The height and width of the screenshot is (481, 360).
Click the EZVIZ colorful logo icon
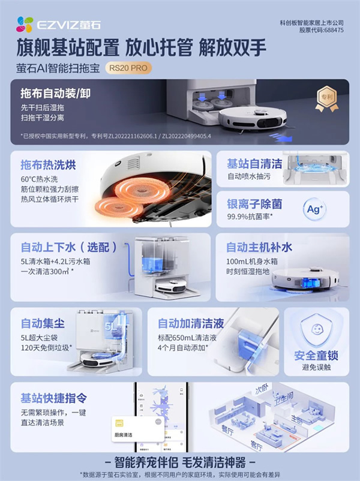click(x=25, y=24)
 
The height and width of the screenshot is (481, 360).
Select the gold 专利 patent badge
click(x=326, y=101)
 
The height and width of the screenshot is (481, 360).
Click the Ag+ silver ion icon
click(x=315, y=209)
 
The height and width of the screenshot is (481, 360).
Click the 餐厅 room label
click(x=228, y=429)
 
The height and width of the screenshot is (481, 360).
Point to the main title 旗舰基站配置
click(x=67, y=47)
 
